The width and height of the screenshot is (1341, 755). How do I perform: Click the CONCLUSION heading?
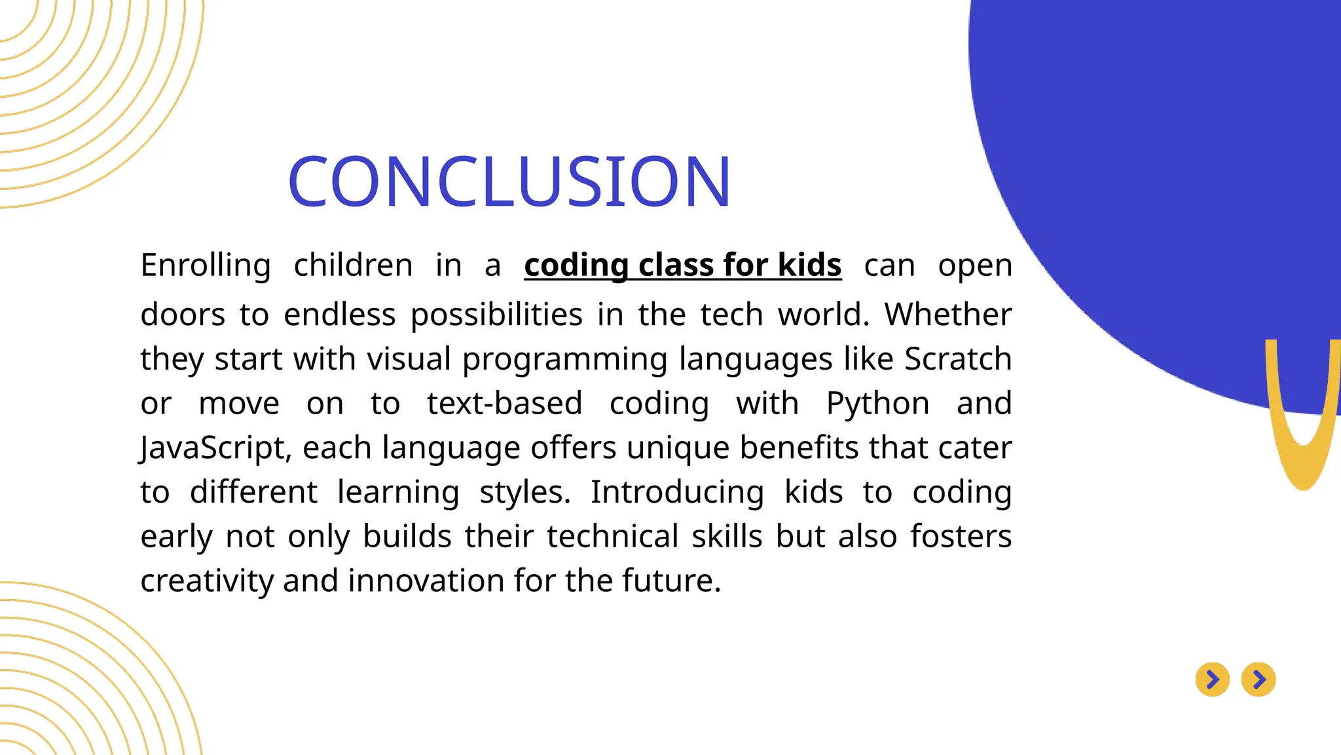[509, 182]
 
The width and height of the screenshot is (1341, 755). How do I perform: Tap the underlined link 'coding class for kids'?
[682, 265]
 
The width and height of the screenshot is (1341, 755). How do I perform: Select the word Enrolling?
[206, 265]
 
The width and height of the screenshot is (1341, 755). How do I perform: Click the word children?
[353, 265]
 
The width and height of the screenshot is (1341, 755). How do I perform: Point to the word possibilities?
[496, 315]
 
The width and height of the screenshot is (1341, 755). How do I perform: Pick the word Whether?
[947, 315]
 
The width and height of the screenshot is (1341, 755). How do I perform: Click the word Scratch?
[957, 359]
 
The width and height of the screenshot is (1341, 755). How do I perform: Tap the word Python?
[877, 404]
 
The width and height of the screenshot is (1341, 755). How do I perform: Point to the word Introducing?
[677, 492]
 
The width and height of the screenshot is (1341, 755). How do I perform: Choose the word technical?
[612, 537]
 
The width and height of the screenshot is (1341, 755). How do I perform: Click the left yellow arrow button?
[1212, 680]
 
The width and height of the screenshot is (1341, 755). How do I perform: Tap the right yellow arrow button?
[1258, 680]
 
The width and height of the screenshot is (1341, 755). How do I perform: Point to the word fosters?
[961, 537]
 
